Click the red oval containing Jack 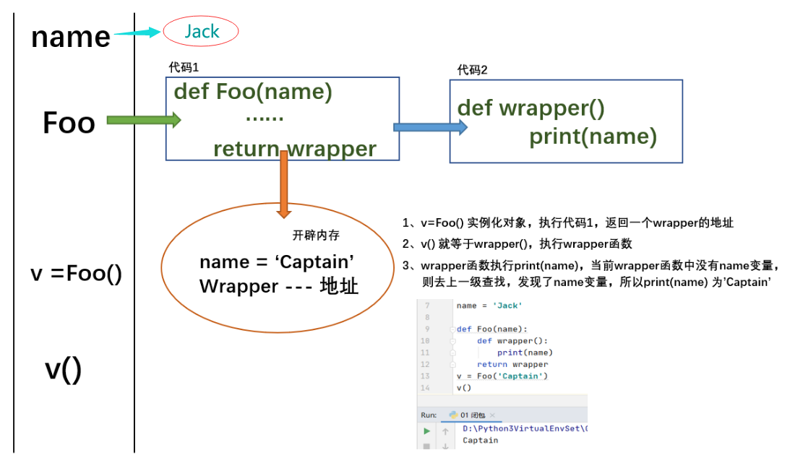pyautogui.click(x=201, y=32)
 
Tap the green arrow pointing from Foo pyautogui.click(x=143, y=120)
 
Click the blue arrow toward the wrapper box pyautogui.click(x=429, y=127)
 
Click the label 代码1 pyautogui.click(x=184, y=67)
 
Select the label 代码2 pyautogui.click(x=473, y=70)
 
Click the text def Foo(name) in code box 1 pyautogui.click(x=253, y=92)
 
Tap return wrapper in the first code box pyautogui.click(x=294, y=149)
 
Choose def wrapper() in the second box pyautogui.click(x=531, y=108)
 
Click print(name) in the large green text pyautogui.click(x=593, y=137)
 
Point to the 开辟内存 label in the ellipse pyautogui.click(x=316, y=236)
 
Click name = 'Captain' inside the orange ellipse pyautogui.click(x=276, y=262)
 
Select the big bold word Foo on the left pyautogui.click(x=69, y=123)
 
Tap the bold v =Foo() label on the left pyautogui.click(x=76, y=275)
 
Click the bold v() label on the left pyautogui.click(x=64, y=369)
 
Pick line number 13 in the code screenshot pyautogui.click(x=424, y=376)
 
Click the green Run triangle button pyautogui.click(x=426, y=431)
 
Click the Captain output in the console pyautogui.click(x=480, y=440)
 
